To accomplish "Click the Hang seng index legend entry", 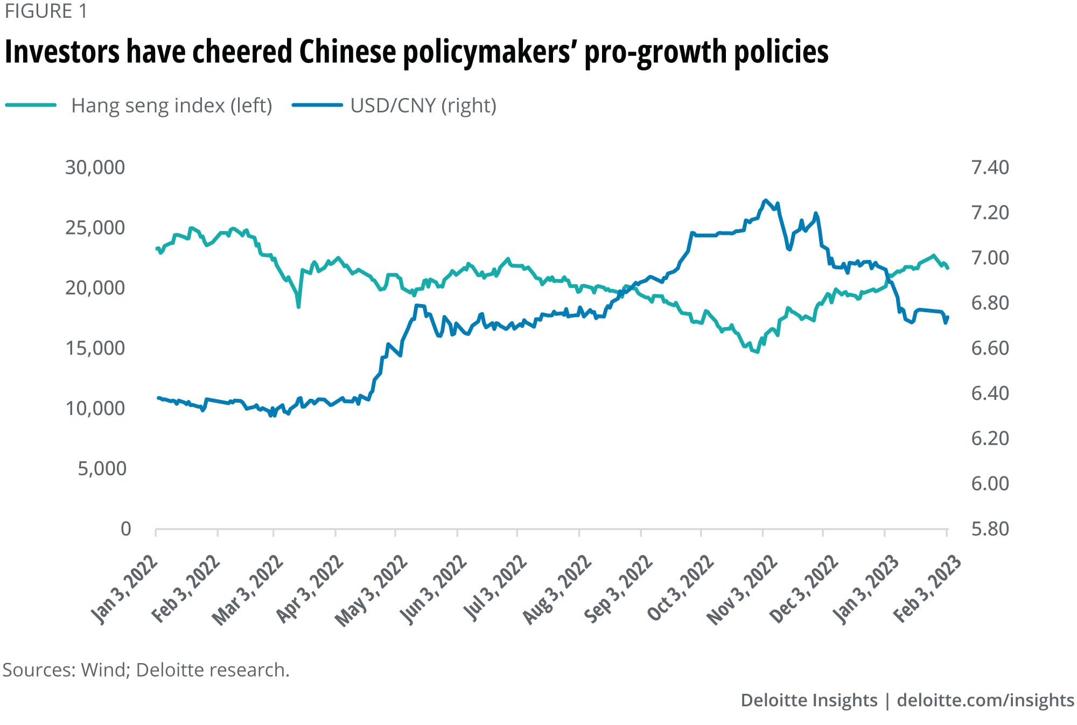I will tap(171, 105).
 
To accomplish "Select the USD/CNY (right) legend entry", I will tap(423, 105).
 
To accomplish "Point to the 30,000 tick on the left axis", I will tap(95, 167).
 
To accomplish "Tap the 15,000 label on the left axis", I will tap(95, 348).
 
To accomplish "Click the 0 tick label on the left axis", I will tap(125, 529).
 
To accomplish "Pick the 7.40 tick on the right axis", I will tap(990, 167).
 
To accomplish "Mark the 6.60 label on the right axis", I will tap(990, 348).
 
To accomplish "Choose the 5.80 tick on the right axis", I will tap(990, 529).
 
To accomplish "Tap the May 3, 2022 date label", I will tap(372, 591).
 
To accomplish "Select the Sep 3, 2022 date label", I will tap(619, 589).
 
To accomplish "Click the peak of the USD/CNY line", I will tap(765, 200).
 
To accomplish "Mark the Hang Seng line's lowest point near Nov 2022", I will tap(757, 352).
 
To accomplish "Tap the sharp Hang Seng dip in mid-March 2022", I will tap(299, 307).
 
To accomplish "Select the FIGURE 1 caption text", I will tap(46, 11).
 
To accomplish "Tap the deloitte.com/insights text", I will tap(985, 700).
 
